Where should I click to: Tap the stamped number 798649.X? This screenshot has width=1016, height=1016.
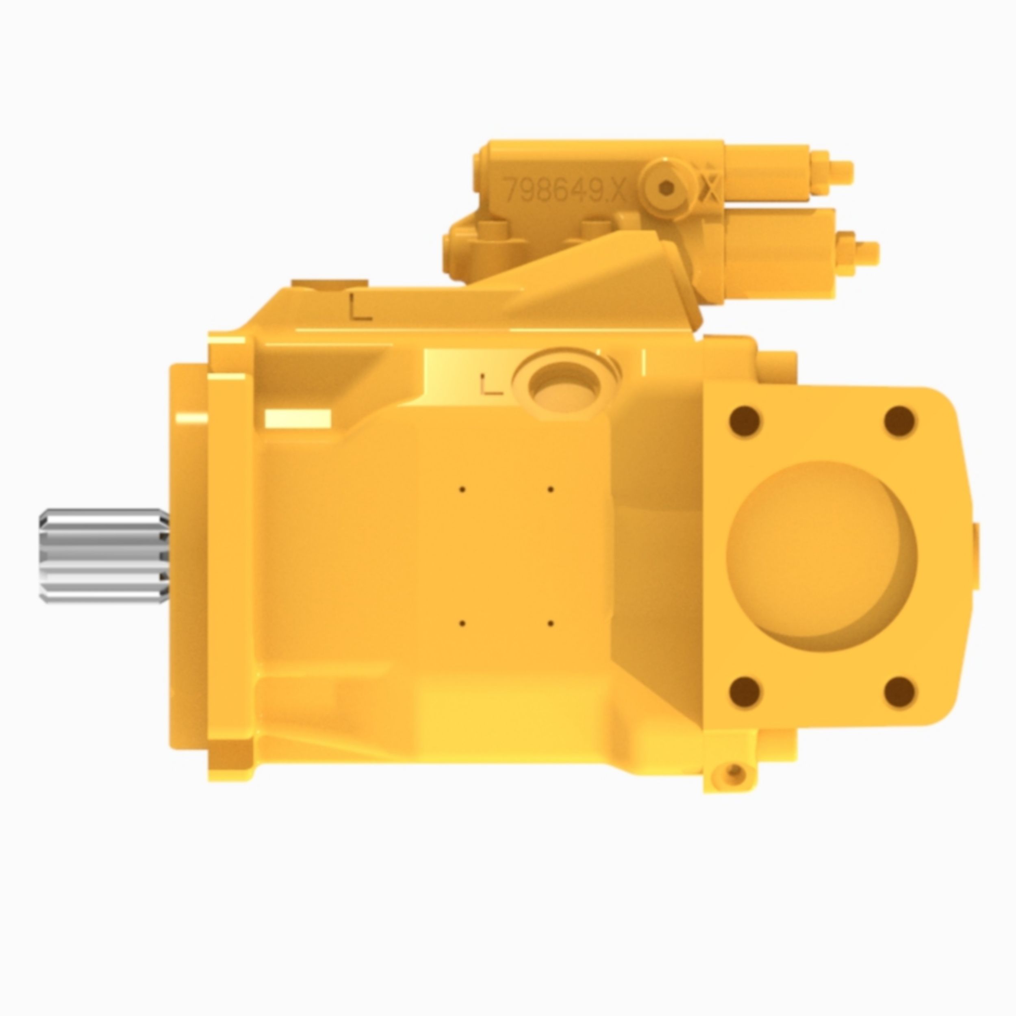(x=564, y=189)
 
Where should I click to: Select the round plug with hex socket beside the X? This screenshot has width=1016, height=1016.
(x=667, y=187)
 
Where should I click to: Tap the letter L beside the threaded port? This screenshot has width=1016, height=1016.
(x=492, y=385)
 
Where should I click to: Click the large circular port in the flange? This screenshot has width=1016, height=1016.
(x=821, y=555)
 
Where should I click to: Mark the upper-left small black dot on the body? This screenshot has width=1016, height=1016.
(x=462, y=489)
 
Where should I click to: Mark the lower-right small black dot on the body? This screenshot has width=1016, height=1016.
(x=550, y=624)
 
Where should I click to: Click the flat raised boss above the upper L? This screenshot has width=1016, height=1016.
(x=329, y=284)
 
